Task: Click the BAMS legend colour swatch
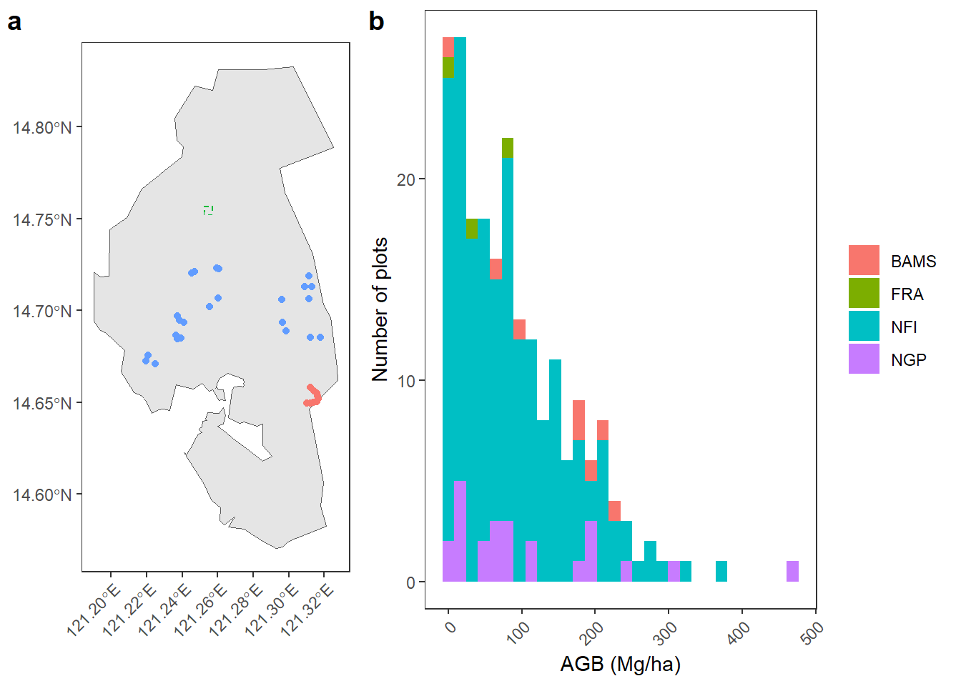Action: (864, 260)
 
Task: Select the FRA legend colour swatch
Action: (864, 293)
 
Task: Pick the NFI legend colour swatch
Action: (864, 326)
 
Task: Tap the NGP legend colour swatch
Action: (864, 359)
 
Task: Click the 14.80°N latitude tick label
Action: (42, 128)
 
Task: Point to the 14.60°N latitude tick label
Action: (42, 494)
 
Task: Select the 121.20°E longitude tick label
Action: (92, 611)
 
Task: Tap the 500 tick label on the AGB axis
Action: (812, 632)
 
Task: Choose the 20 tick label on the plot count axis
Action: (406, 179)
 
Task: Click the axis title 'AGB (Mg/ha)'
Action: (620, 665)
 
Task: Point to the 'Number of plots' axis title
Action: (380, 309)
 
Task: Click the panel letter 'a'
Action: (14, 22)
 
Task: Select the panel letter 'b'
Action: (377, 22)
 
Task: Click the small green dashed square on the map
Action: (208, 210)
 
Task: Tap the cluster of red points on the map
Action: (313, 396)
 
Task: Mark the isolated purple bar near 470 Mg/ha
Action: (792, 572)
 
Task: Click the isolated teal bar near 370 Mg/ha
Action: (721, 572)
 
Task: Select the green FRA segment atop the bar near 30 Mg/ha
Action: (471, 229)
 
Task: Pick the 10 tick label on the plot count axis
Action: (406, 381)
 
